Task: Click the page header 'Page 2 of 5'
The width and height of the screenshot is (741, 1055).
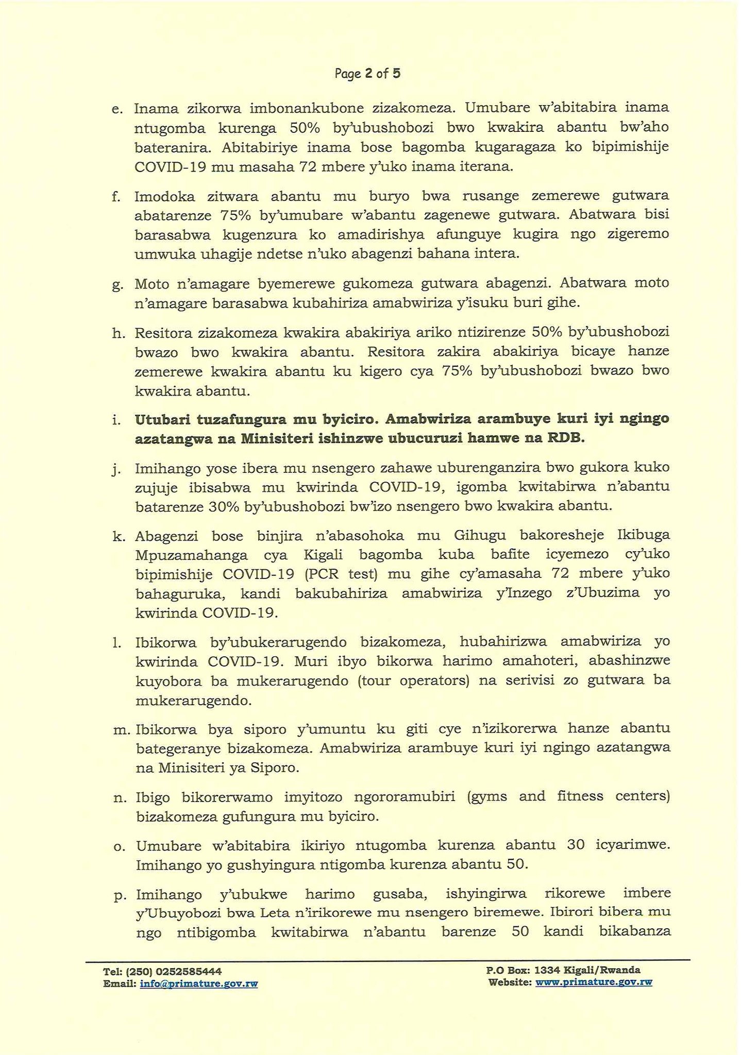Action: pos(367,74)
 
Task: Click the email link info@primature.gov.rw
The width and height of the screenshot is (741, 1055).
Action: pos(198,984)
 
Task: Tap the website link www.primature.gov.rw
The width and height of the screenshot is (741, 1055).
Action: pos(594,982)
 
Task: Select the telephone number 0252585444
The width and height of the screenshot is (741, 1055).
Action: pos(189,971)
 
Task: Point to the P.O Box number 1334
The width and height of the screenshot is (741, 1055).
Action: pos(548,970)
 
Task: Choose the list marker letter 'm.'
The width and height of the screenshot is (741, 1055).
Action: pos(122,729)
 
